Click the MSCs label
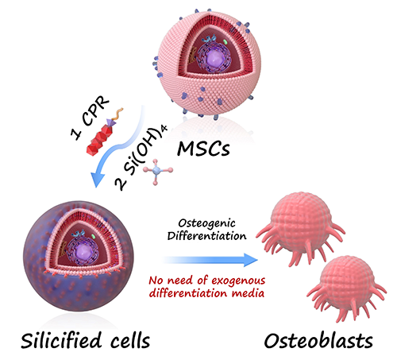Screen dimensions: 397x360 pos(203,149)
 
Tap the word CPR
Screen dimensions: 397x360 pos(95,111)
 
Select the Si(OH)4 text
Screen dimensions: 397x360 pos(145,150)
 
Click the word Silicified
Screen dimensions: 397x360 pos(61,340)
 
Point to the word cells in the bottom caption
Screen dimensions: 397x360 pos(130,340)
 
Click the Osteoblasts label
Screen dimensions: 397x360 pos(318,341)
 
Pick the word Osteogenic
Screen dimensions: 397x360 pos(206,223)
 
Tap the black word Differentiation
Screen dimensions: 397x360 pos(206,236)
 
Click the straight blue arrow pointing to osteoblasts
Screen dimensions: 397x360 pos(210,260)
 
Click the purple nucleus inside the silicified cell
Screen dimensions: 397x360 pos(83,250)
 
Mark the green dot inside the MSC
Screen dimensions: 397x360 pos(225,41)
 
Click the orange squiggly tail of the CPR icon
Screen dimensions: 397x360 pos(117,114)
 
